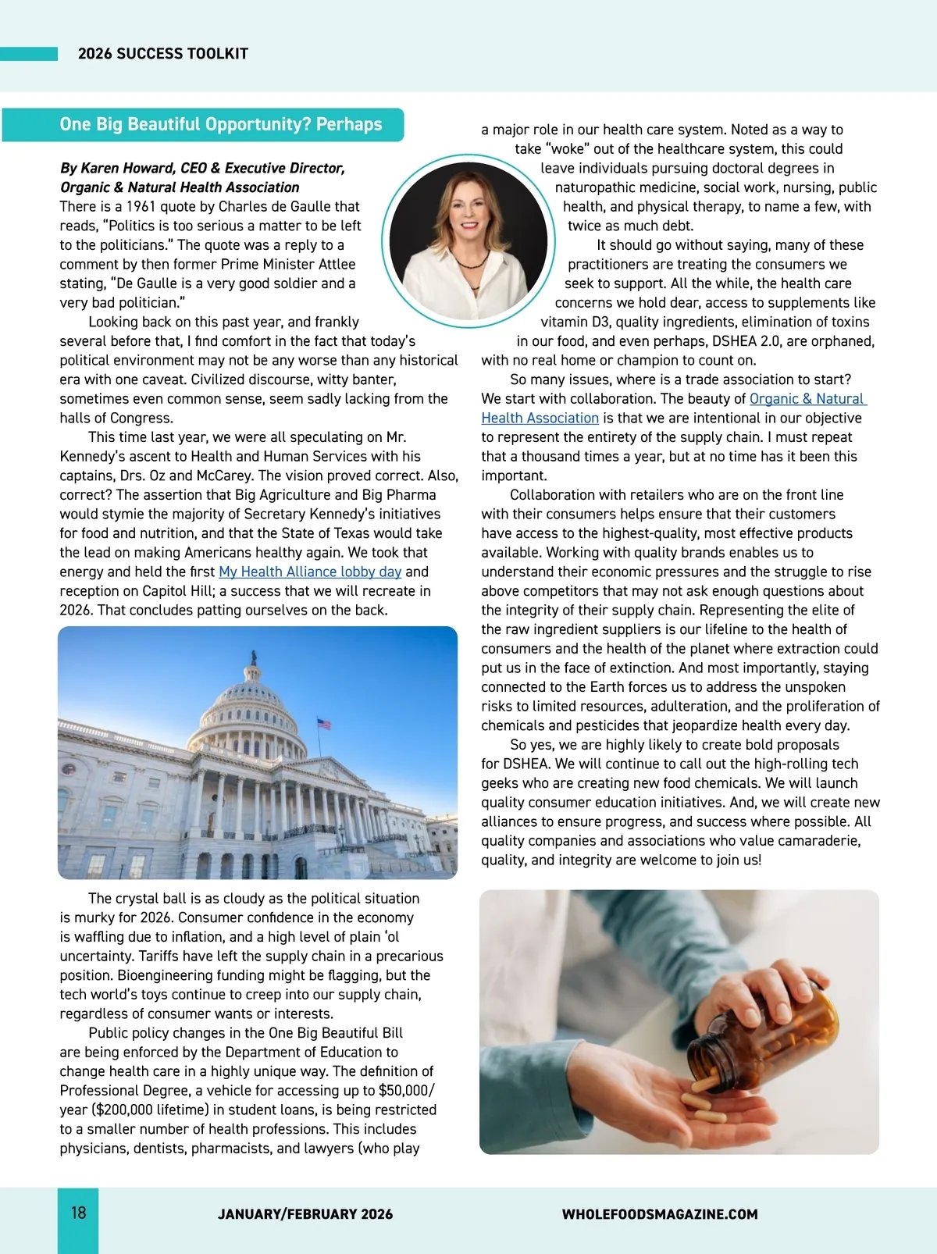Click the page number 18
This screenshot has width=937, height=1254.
click(79, 1213)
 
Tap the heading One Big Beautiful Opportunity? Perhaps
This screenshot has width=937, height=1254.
click(220, 125)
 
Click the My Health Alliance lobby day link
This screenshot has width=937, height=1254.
click(310, 572)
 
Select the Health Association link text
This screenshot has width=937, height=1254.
click(540, 418)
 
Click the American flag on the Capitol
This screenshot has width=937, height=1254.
click(324, 725)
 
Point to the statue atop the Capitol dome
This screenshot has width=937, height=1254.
click(253, 657)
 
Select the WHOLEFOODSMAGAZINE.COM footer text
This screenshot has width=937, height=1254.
click(660, 1214)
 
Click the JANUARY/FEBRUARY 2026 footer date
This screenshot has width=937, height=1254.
click(305, 1214)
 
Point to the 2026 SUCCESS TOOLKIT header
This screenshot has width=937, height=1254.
click(163, 54)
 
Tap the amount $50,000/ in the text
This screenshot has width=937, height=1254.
click(406, 1091)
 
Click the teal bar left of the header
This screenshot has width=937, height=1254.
click(29, 54)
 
